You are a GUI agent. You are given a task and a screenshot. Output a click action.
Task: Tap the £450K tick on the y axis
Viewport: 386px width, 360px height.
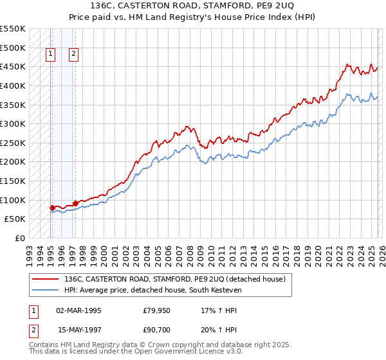tap(13, 66)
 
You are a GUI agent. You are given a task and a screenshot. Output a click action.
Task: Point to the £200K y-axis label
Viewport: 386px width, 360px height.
tap(13, 161)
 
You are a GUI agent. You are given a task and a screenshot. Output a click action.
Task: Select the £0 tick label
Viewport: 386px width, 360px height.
tap(19, 238)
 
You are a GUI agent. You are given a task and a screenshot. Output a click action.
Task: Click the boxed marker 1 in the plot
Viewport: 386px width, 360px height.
tap(51, 55)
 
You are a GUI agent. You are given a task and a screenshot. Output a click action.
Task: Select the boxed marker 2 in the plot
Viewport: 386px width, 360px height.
tap(74, 55)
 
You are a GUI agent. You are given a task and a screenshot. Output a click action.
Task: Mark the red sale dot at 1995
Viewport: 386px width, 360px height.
tap(52, 208)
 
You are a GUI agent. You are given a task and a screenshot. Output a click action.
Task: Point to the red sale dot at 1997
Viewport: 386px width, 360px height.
tap(75, 203)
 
